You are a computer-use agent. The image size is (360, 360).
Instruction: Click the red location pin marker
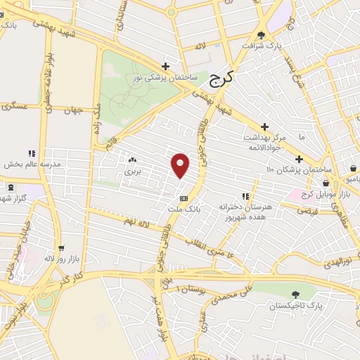tap(181, 165)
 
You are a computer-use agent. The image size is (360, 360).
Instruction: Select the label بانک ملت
tap(184, 209)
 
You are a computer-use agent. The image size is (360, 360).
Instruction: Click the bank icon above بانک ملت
tap(184, 198)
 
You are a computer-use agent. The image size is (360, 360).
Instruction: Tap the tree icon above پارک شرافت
tap(262, 34)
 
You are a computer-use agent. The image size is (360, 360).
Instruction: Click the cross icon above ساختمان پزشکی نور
tap(166, 66)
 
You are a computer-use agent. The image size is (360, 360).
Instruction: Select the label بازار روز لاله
tap(62, 259)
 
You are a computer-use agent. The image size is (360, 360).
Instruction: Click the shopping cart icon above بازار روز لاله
tap(62, 248)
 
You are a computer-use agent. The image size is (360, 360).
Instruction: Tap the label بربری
tap(132, 171)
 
